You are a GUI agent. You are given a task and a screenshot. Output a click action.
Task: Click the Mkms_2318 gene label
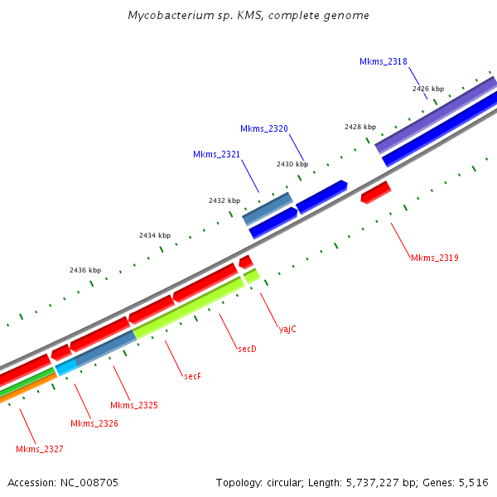[383, 61]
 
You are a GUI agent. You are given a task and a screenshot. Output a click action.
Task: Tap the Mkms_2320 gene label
[264, 128]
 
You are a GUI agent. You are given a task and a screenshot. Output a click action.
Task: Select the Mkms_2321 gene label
[216, 155]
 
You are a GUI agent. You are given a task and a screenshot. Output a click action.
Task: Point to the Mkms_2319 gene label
[434, 258]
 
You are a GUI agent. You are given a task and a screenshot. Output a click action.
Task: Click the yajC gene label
[287, 329]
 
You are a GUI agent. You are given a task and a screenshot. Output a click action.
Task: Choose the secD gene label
[247, 349]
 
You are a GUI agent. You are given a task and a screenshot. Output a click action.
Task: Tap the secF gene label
[192, 375]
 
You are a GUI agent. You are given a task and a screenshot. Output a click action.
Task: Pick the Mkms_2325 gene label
[134, 405]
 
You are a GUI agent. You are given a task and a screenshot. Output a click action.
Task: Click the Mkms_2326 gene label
[94, 423]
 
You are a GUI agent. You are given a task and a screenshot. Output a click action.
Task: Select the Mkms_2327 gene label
[40, 449]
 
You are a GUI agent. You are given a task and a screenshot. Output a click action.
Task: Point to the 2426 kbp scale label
[428, 89]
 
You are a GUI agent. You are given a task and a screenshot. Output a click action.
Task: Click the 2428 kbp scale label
[360, 127]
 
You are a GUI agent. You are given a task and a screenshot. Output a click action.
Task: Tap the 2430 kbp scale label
[292, 164]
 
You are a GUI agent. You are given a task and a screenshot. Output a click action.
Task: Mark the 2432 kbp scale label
[224, 200]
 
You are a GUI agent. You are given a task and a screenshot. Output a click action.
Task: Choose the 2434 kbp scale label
[155, 236]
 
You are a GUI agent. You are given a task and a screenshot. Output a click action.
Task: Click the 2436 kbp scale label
[85, 270]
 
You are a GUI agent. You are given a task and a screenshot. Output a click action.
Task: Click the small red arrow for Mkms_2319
[375, 193]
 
